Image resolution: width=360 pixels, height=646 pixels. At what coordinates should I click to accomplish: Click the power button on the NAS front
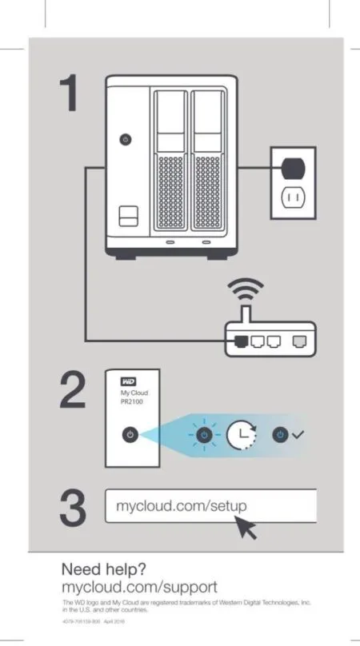pyautogui.click(x=124, y=139)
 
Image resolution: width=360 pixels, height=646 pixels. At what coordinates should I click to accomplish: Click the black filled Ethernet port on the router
pyautogui.click(x=241, y=340)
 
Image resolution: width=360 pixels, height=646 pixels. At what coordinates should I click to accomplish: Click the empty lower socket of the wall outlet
pyautogui.click(x=293, y=197)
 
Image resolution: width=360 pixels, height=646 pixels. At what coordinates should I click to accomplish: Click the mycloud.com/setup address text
pyautogui.click(x=181, y=507)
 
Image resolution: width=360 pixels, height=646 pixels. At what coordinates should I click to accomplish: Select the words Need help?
pyautogui.click(x=104, y=569)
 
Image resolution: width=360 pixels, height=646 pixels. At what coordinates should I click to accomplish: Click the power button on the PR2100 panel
pyautogui.click(x=131, y=435)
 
